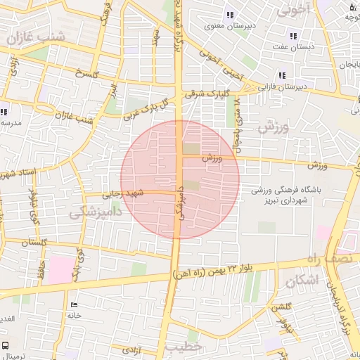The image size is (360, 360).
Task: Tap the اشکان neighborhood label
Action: pyautogui.click(x=302, y=281)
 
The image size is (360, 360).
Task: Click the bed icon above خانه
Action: pyautogui.click(x=75, y=305)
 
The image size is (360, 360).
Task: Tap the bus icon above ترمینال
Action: pyautogui.click(x=6, y=346)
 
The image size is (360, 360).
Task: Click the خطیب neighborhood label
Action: pyautogui.click(x=185, y=348)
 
